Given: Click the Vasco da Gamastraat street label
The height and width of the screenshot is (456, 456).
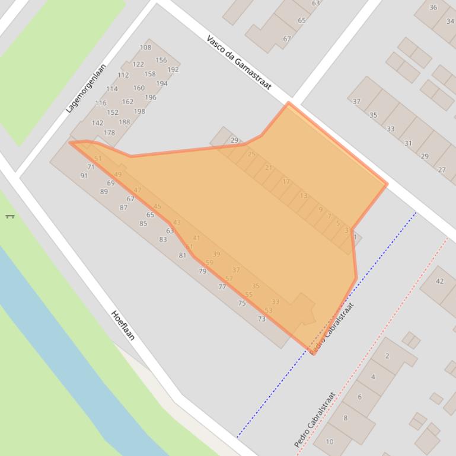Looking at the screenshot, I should pyautogui.click(x=239, y=62).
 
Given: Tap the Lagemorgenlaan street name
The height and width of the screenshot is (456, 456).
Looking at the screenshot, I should pyautogui.click(x=86, y=88).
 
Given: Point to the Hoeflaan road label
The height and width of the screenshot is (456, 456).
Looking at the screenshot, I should pyautogui.click(x=123, y=325).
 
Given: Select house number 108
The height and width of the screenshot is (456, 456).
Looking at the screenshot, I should pyautogui.click(x=145, y=47).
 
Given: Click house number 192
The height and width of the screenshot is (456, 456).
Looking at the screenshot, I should pyautogui.click(x=173, y=69).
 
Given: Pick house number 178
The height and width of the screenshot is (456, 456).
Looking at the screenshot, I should pyautogui.click(x=109, y=133).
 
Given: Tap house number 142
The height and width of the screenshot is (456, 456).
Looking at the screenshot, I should pyautogui.click(x=97, y=123).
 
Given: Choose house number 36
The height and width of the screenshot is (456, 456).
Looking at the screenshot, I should pyautogui.click(x=433, y=8).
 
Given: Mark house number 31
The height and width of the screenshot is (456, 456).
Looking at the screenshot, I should pyautogui.click(x=408, y=143).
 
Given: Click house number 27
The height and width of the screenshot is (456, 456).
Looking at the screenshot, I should pyautogui.click(x=442, y=170).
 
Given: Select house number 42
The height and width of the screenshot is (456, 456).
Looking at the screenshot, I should pyautogui.click(x=439, y=281).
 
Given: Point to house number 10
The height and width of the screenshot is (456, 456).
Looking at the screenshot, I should pyautogui.click(x=330, y=441).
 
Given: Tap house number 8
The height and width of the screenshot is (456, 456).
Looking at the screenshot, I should pyautogui.click(x=345, y=418).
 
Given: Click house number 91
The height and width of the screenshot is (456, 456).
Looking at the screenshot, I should pyautogui.click(x=84, y=175).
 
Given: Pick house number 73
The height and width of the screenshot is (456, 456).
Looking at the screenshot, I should pyautogui.click(x=262, y=319).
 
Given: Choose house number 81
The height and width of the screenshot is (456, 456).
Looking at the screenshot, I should pyautogui.click(x=183, y=255).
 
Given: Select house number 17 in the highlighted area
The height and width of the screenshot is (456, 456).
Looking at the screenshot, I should pyautogui.click(x=286, y=181).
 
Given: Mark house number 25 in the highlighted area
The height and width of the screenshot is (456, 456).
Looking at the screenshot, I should pyautogui.click(x=251, y=154).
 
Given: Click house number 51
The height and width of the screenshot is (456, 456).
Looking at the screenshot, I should pyautogui.click(x=98, y=159).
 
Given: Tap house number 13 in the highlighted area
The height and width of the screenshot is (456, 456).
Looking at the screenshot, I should pyautogui.click(x=304, y=195).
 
